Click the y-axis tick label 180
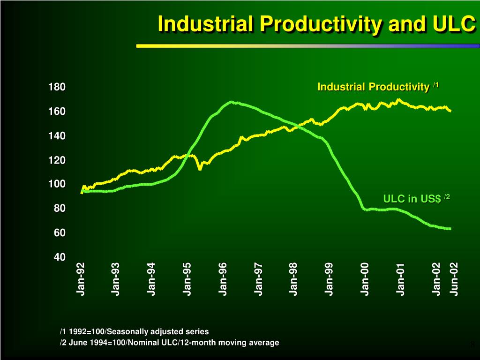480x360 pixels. tap(56, 87)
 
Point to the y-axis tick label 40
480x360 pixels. tap(59, 257)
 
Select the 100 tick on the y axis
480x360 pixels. tap(56, 184)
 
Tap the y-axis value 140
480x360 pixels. tap(56, 136)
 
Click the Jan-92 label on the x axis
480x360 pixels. tap(81, 279)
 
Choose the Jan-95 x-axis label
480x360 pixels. tap(187, 279)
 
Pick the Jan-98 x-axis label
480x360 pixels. tap(293, 279)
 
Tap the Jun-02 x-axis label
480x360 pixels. tap(453, 279)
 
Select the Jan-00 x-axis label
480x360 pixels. tap(365, 279)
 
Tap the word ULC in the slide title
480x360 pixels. tap(451, 23)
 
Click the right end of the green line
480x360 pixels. tap(450, 229)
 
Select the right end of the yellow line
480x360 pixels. tap(450, 111)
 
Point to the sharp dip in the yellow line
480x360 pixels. tap(200, 169)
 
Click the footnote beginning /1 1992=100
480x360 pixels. tap(134, 331)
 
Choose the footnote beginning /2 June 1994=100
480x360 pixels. tap(169, 343)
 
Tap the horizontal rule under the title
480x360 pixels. tap(307, 46)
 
